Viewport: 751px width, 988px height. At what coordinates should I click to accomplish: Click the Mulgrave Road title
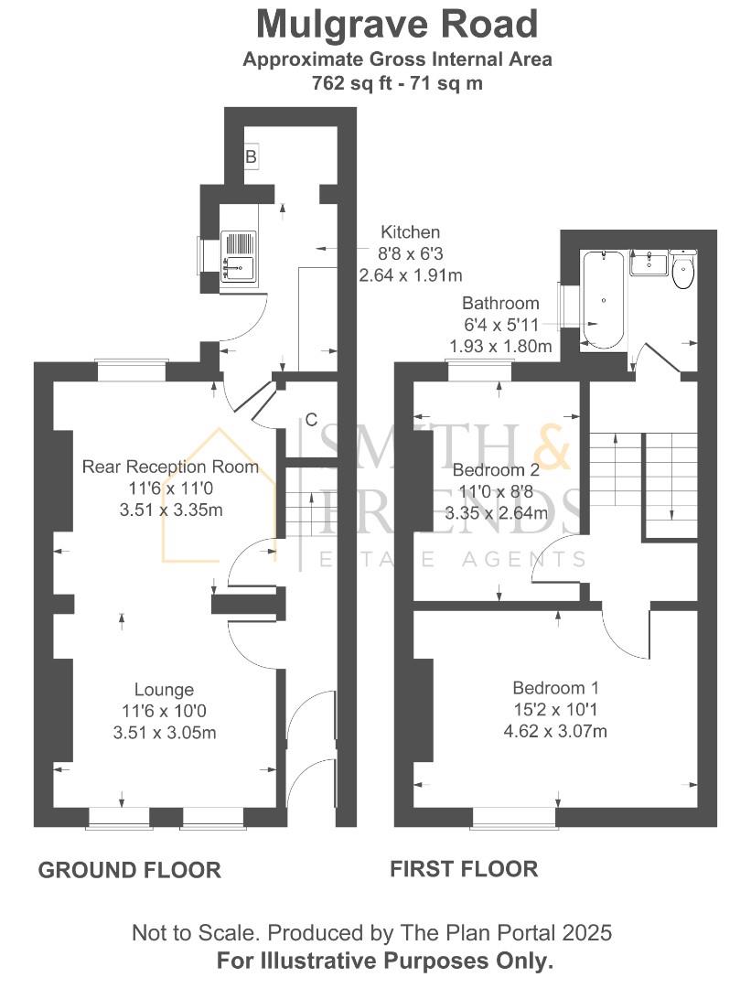pyautogui.click(x=396, y=24)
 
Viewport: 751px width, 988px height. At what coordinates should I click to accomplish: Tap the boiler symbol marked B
pyautogui.click(x=251, y=157)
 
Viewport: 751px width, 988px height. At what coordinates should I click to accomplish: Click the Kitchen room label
pyautogui.click(x=410, y=232)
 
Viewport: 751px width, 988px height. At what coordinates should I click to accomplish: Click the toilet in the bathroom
pyautogui.click(x=682, y=271)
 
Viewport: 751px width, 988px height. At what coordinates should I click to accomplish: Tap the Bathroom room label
pyautogui.click(x=500, y=304)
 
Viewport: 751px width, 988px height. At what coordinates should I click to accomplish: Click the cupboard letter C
pyautogui.click(x=311, y=420)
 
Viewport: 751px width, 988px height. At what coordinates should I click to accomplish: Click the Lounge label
pyautogui.click(x=164, y=690)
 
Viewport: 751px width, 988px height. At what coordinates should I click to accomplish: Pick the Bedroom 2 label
pyautogui.click(x=496, y=471)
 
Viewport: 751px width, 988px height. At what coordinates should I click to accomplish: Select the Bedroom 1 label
pyautogui.click(x=555, y=688)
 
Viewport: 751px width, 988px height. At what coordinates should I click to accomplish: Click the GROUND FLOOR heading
pyautogui.click(x=129, y=870)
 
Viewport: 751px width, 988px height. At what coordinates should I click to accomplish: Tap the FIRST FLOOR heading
pyautogui.click(x=464, y=868)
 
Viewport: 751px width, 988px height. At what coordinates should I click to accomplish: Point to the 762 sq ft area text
pyautogui.click(x=396, y=83)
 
